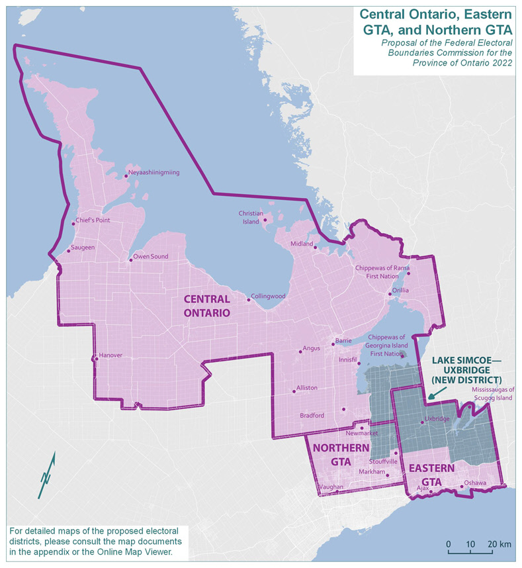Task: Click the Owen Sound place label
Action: point(151,257)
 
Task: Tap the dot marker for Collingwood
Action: point(249,300)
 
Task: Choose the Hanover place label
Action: point(111,355)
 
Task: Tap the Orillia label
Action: point(401,290)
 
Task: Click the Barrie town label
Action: point(344,340)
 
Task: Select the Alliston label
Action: point(307,387)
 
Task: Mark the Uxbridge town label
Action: point(437,419)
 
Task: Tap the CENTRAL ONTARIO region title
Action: point(206,306)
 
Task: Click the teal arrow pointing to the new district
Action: point(436,394)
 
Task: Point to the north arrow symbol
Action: point(47,475)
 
